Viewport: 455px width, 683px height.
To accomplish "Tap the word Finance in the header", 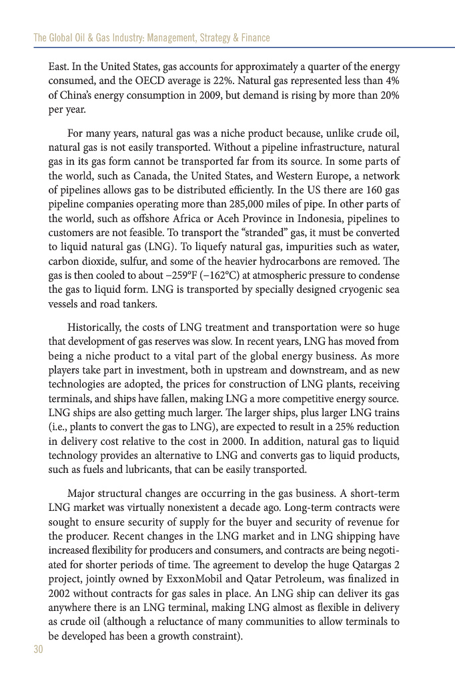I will (x=254, y=38).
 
